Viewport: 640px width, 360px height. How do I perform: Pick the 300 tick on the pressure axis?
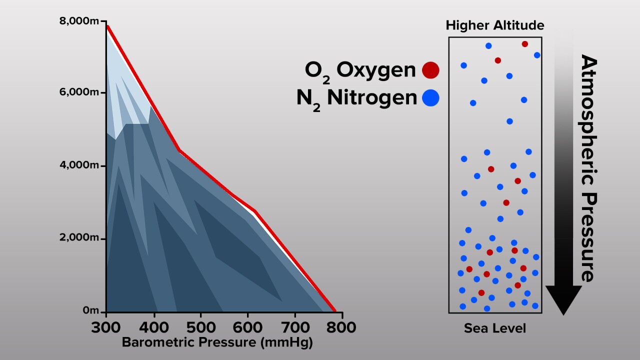pos(106,327)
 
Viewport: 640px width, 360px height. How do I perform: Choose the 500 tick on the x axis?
pos(200,327)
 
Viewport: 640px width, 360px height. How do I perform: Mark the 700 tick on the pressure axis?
pos(295,327)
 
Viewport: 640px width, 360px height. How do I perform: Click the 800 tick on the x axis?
pos(342,327)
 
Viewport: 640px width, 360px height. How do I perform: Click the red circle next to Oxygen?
pos(430,70)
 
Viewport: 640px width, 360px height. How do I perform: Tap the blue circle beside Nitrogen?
pos(430,98)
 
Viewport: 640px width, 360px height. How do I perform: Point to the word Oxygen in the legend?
pos(376,70)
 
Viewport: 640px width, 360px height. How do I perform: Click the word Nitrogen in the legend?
pos(372,98)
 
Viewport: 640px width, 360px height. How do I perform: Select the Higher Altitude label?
pos(495,25)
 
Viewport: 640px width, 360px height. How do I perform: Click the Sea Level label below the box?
pos(495,328)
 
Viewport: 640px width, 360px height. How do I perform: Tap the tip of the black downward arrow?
pos(563,313)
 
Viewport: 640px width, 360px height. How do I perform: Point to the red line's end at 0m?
pos(334,310)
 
